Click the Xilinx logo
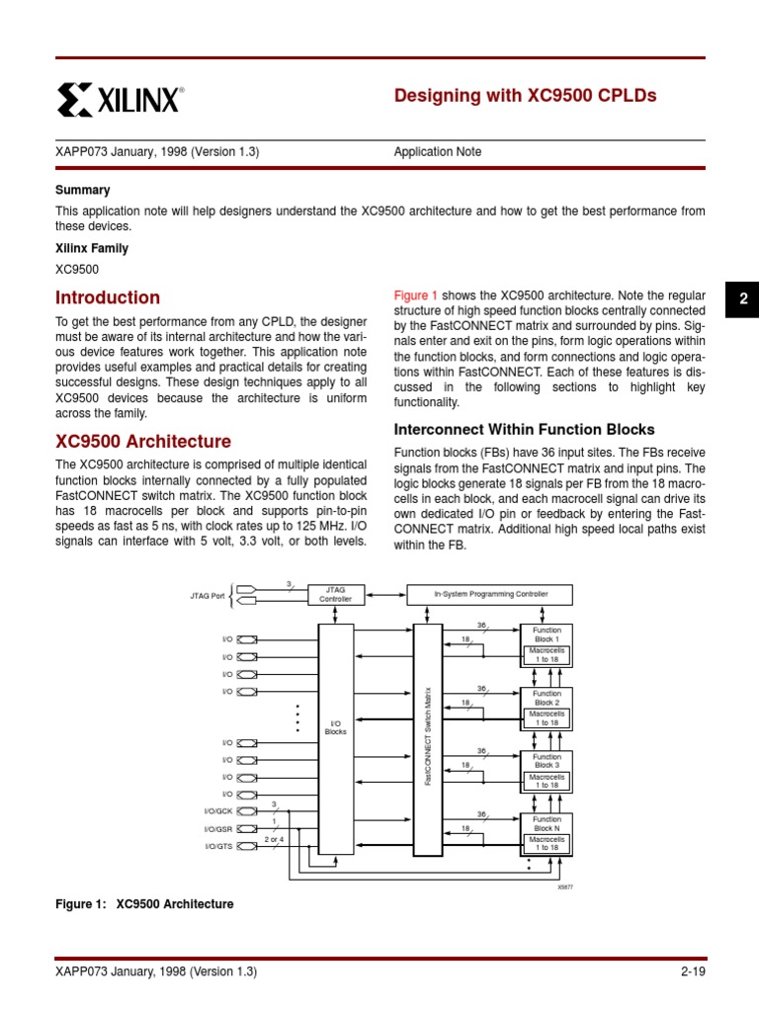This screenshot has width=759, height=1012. [120, 99]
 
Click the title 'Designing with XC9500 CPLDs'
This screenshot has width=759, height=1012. [525, 96]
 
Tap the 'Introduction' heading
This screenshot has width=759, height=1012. [108, 297]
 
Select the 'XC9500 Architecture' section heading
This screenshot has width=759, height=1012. [143, 442]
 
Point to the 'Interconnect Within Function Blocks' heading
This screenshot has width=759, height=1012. [524, 429]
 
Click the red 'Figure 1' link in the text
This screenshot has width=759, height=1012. [416, 295]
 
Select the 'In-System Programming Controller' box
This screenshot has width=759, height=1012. [490, 594]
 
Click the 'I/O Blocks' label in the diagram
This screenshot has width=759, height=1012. [335, 727]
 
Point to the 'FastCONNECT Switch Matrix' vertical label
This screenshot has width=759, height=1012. [428, 737]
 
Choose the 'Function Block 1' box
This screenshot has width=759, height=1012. [547, 633]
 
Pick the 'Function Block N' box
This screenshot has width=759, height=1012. [547, 823]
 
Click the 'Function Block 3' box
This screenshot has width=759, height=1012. [547, 761]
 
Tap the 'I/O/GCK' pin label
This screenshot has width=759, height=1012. [218, 811]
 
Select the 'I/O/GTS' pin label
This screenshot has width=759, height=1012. [218, 847]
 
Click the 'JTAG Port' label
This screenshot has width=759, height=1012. [208, 596]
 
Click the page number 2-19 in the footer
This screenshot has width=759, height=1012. [692, 971]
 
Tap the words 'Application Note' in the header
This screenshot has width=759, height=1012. [438, 152]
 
